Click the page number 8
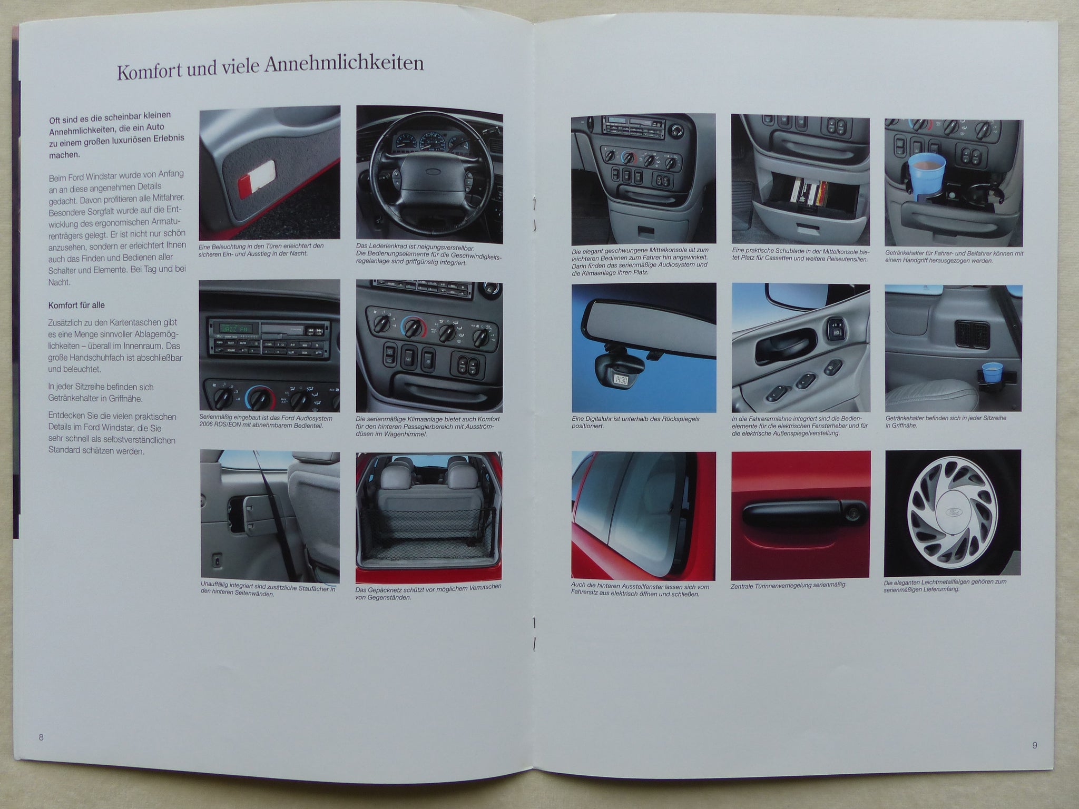(x=41, y=736)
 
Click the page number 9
(x=1035, y=745)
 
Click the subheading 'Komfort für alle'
(x=76, y=305)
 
